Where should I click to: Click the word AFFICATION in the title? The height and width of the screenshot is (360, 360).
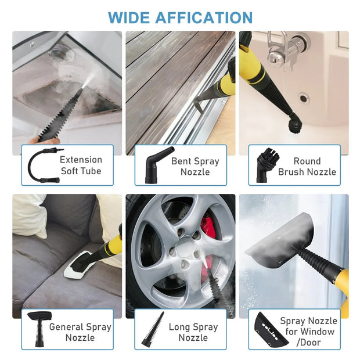click(204, 17)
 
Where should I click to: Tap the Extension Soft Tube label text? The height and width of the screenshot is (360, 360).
click(81, 165)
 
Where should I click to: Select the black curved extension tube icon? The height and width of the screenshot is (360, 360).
click(41, 165)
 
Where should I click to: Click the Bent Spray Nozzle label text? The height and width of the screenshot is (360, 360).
click(195, 166)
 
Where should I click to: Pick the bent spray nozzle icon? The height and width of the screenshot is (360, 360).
click(154, 165)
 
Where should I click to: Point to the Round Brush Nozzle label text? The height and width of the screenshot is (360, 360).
click(307, 166)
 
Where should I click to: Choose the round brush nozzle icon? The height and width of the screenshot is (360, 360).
click(267, 165)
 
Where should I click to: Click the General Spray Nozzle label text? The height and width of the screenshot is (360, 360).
click(80, 332)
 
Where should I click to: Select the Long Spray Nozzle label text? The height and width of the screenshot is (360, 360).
click(193, 332)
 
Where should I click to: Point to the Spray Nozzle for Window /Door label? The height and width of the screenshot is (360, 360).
click(307, 332)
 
